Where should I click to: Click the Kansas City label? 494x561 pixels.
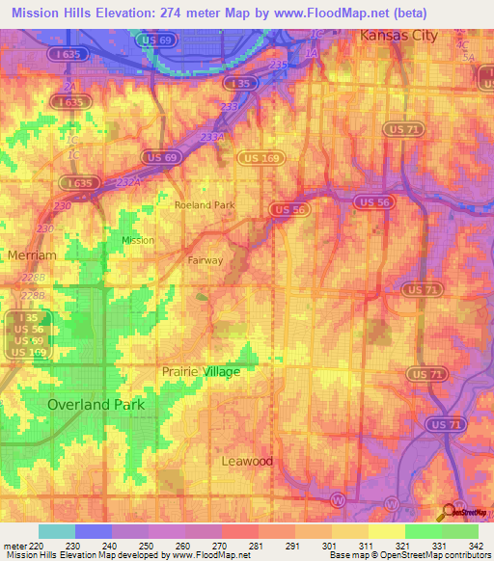pyautogui.click(x=398, y=36)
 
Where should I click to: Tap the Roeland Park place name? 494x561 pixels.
pyautogui.click(x=204, y=205)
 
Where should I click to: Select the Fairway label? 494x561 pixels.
pyautogui.click(x=204, y=260)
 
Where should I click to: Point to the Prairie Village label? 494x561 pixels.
pyautogui.click(x=201, y=371)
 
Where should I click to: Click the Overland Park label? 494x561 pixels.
pyautogui.click(x=96, y=405)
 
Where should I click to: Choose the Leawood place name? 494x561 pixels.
pyautogui.click(x=248, y=462)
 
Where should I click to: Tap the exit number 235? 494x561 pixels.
pyautogui.click(x=279, y=64)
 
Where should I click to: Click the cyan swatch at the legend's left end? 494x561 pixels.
pyautogui.click(x=56, y=531)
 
